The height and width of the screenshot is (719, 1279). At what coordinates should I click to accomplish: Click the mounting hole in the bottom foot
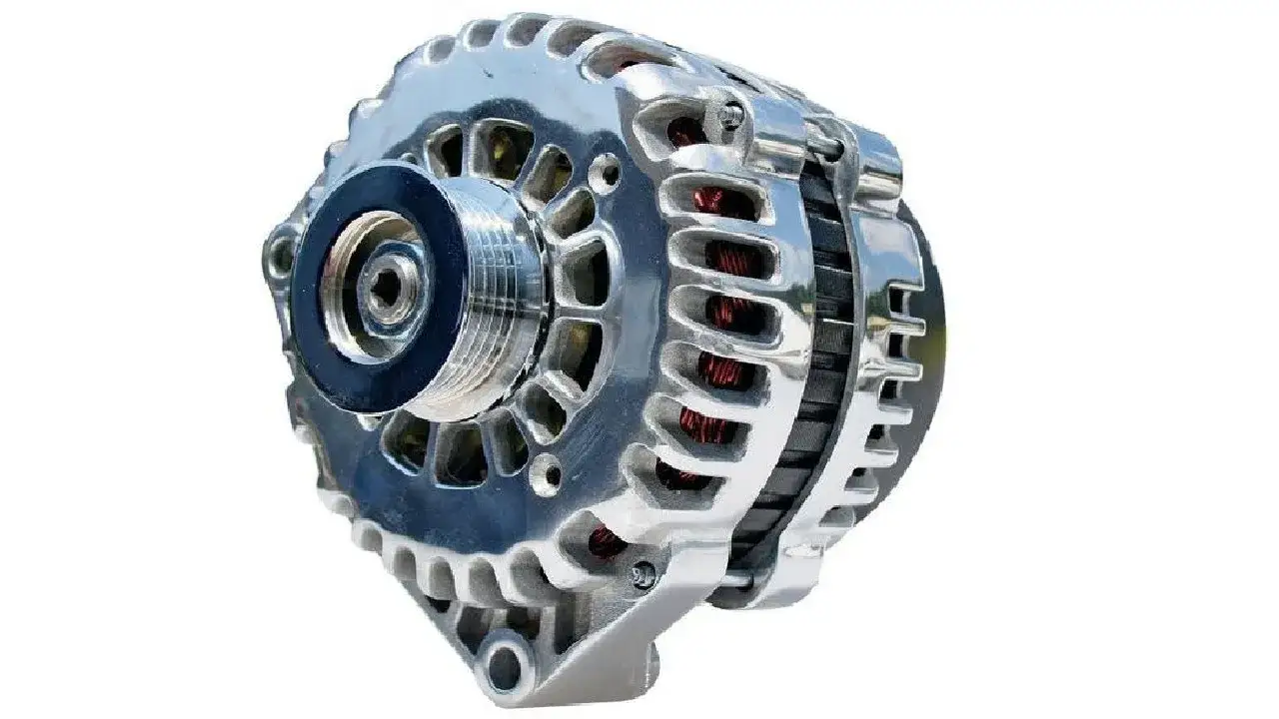click(x=508, y=663)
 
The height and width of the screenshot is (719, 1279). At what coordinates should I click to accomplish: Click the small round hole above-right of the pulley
click(x=604, y=173)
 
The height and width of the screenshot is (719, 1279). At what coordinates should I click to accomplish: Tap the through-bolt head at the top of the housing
click(x=731, y=118)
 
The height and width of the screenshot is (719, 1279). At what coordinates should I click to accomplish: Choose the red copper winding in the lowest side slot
click(x=605, y=541)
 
